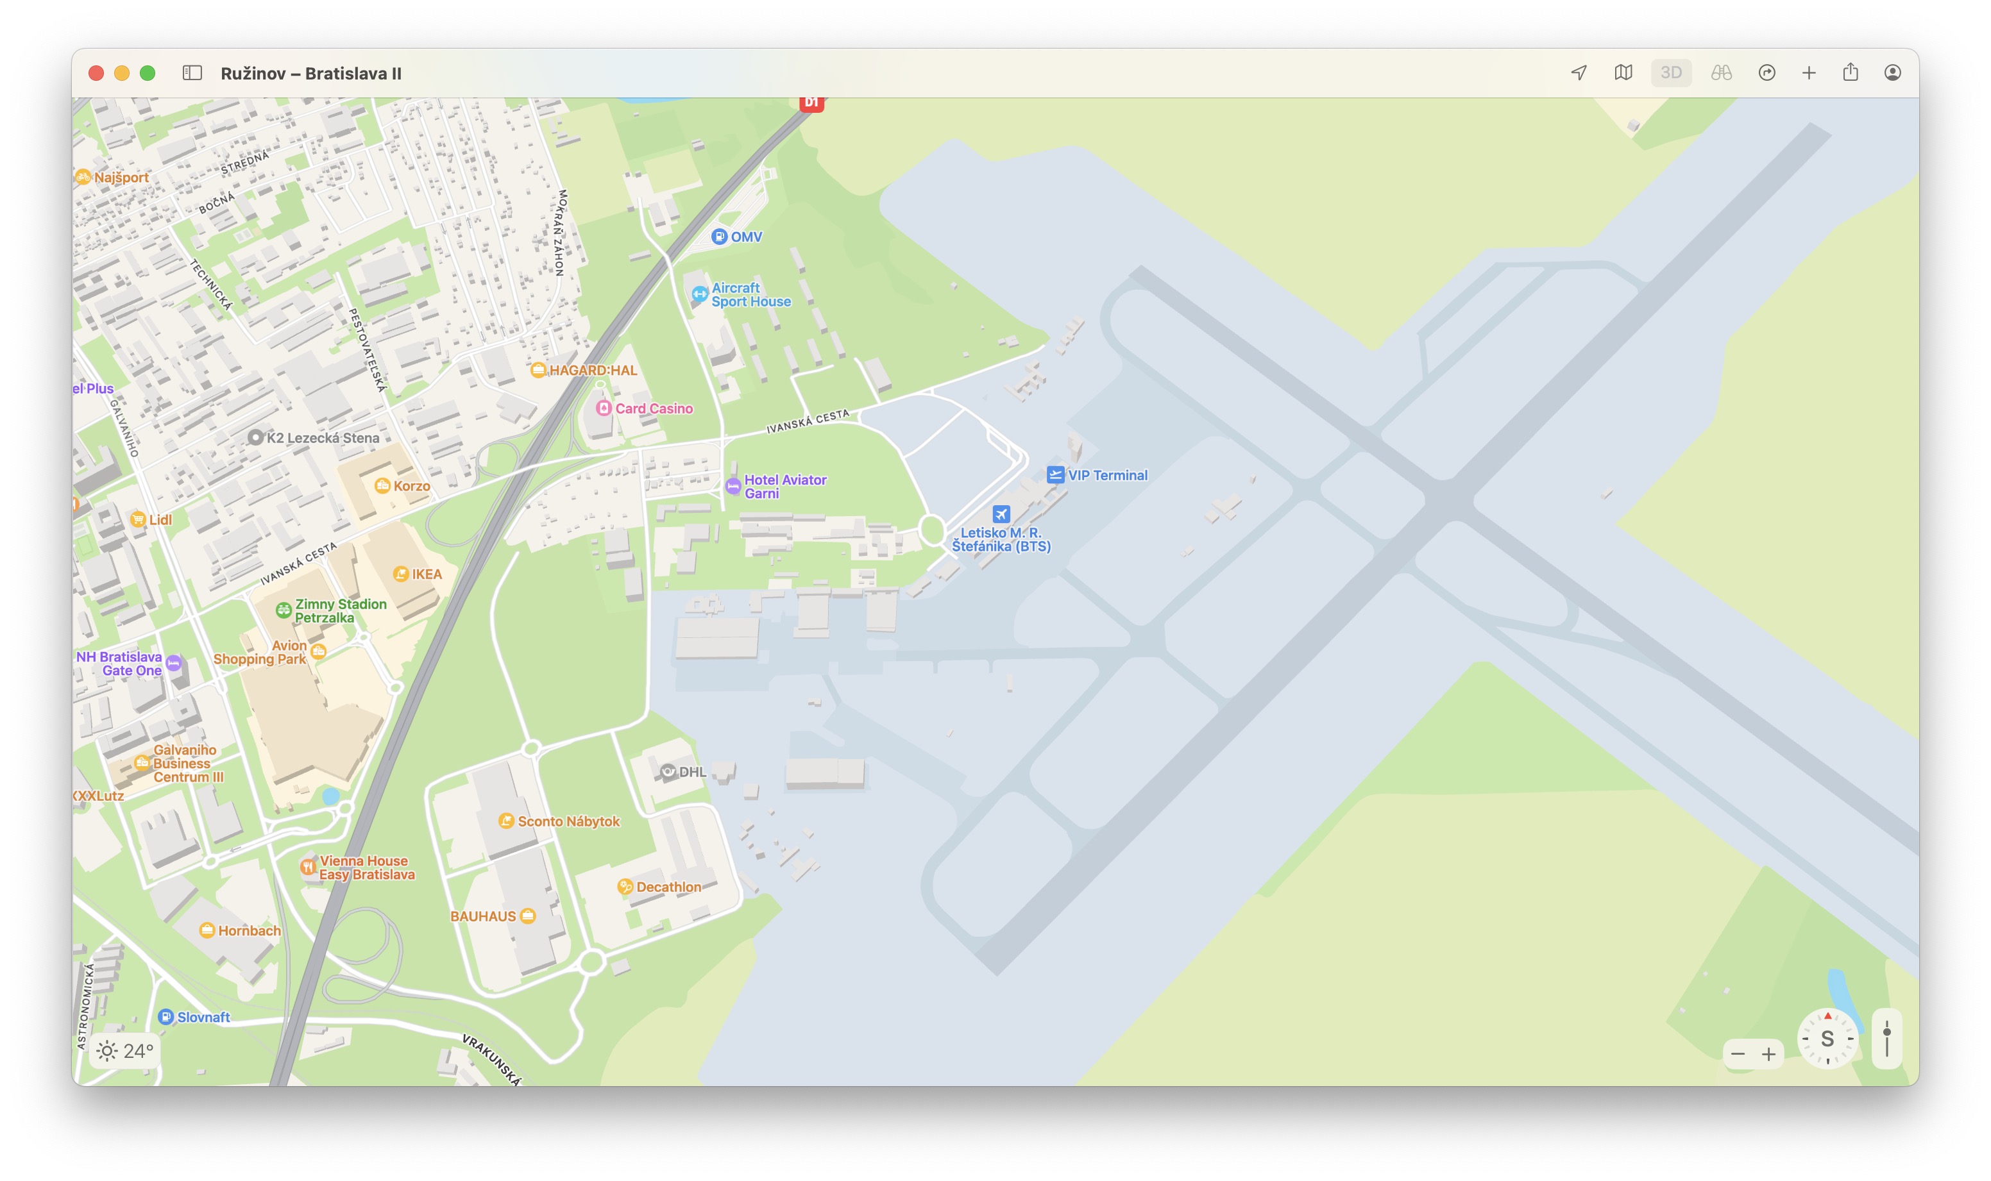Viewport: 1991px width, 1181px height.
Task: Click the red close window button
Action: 96,73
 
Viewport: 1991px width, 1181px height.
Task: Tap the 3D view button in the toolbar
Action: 1670,73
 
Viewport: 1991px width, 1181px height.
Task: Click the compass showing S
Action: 1827,1039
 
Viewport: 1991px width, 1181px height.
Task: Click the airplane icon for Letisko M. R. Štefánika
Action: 1001,514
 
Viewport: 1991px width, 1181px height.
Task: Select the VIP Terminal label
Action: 1106,475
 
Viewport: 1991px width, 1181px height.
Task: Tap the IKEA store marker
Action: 402,574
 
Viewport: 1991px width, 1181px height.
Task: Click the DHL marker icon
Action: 668,771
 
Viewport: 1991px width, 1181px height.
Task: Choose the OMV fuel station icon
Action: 719,237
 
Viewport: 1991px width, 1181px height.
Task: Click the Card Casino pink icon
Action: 604,408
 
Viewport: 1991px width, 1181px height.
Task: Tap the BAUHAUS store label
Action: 482,916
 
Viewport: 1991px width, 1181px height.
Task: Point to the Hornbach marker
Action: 207,930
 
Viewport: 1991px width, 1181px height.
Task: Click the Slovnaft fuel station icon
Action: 165,1016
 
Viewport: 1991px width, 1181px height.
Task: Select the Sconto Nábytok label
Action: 568,821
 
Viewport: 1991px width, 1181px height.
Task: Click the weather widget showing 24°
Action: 125,1050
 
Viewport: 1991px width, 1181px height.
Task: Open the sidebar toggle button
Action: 192,73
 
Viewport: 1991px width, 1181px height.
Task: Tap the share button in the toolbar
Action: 1850,73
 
